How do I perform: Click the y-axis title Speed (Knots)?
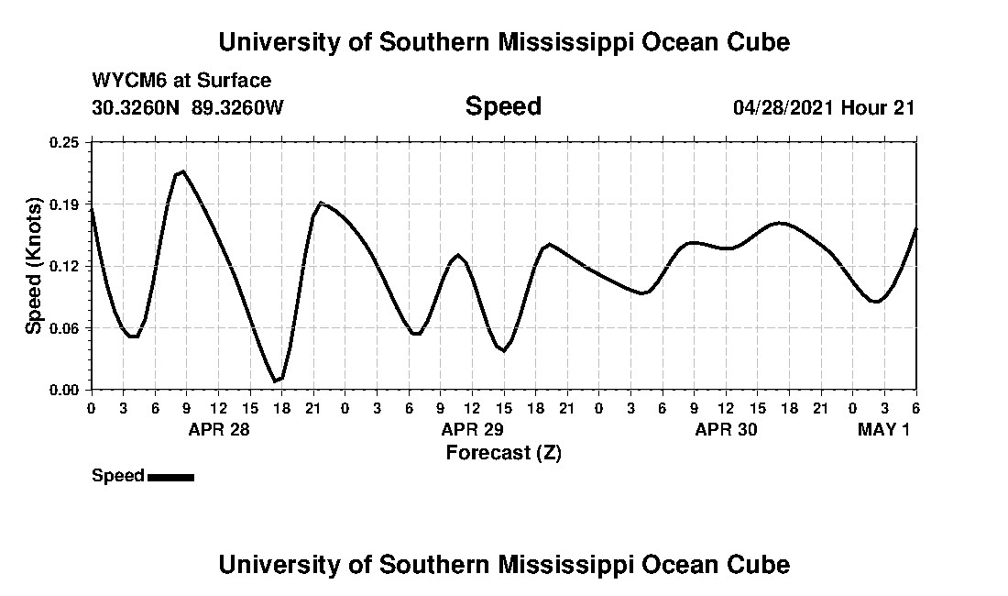34,266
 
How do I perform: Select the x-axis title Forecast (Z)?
503,452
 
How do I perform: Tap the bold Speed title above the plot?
503,106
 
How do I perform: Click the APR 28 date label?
219,429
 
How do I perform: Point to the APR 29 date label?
473,429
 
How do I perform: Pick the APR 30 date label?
727,429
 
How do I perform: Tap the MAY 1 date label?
883,429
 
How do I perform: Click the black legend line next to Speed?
170,477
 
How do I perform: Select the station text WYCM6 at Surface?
181,81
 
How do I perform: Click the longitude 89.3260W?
238,107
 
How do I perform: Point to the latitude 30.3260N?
137,107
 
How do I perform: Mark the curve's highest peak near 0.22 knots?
183,171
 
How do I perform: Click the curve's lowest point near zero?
275,381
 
